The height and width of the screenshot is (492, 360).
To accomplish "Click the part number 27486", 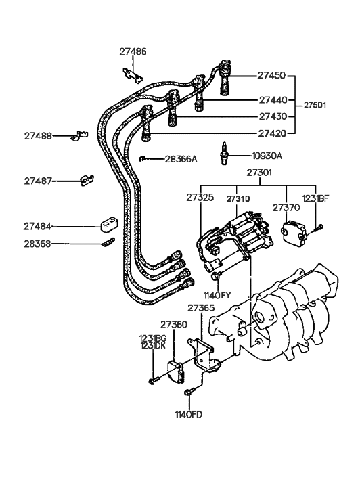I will (133, 51).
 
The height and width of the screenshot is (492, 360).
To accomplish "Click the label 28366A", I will (181, 159).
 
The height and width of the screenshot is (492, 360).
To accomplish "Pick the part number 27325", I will (200, 199).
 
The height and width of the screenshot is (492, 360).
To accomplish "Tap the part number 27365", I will (201, 309).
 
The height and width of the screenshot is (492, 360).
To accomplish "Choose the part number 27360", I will (174, 325).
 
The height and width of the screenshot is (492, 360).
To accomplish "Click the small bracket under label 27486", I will (133, 72).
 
